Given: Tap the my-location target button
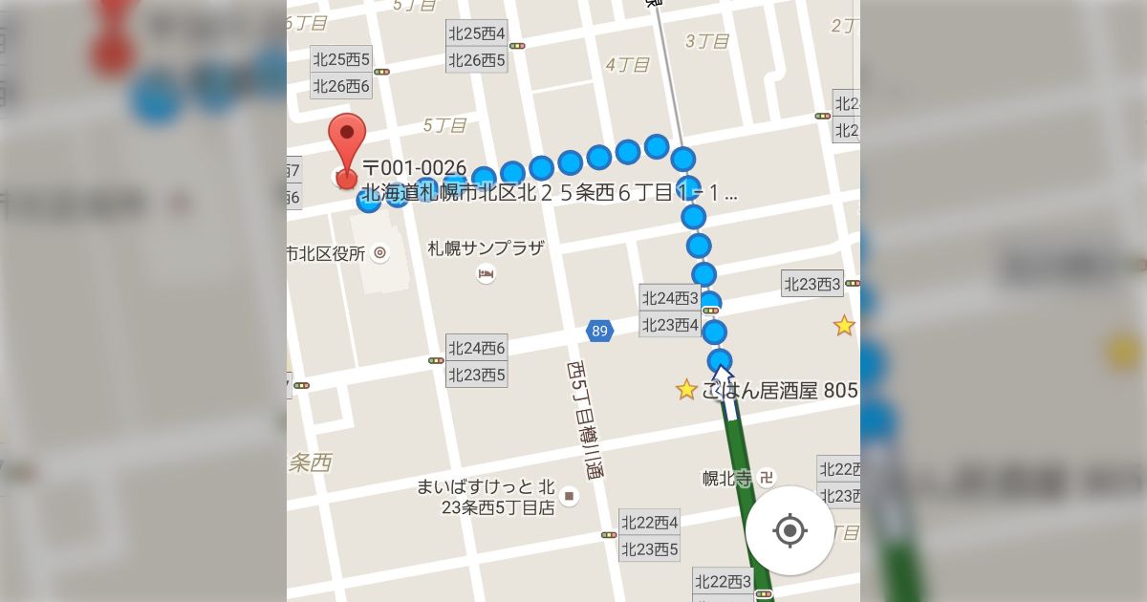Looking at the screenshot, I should point(790,530).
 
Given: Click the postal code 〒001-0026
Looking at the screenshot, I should point(414,169).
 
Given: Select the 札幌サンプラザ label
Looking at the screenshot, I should point(486,248).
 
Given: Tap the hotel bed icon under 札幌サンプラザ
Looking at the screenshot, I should point(486,275).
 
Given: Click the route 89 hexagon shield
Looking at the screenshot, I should point(599,332).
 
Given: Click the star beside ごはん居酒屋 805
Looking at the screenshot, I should point(686,390).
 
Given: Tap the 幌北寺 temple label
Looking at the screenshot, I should point(727,477).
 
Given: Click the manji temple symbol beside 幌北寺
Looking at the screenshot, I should point(768,476).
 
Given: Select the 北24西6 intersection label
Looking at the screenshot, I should point(476,348).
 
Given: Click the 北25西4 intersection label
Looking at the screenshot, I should point(476,33).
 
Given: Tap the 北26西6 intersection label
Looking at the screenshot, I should point(341,86).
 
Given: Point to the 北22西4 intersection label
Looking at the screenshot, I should point(650,523).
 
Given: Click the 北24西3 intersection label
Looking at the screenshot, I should point(670,298).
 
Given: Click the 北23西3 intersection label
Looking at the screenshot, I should point(812,283).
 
